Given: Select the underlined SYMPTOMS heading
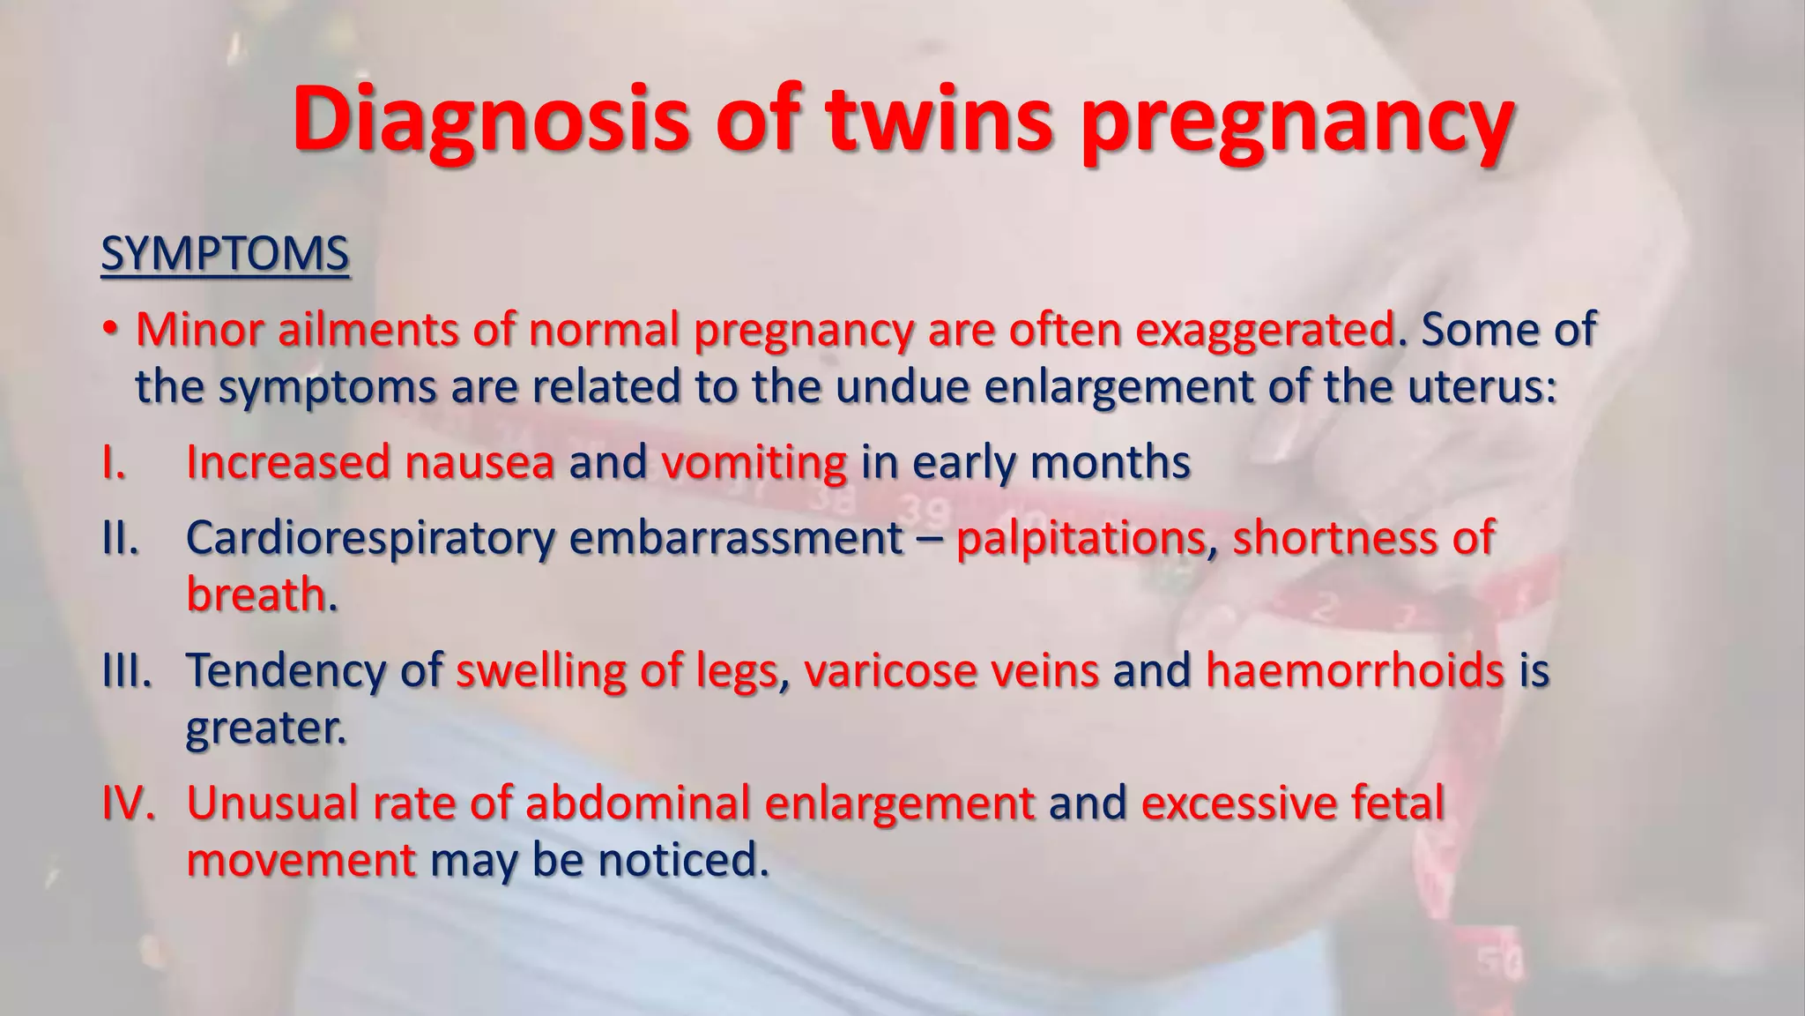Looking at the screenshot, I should coord(225,254).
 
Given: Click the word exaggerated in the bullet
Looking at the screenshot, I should coord(1265,331).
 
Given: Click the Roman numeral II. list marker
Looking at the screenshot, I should coord(121,537).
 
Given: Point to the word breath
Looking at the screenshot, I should coord(256,594).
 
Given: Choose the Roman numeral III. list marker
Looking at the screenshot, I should coord(127,670).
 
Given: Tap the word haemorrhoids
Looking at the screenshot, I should coord(1355,670).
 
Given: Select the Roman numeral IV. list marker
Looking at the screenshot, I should coord(129,803).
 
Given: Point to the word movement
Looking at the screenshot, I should coord(301,860).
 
